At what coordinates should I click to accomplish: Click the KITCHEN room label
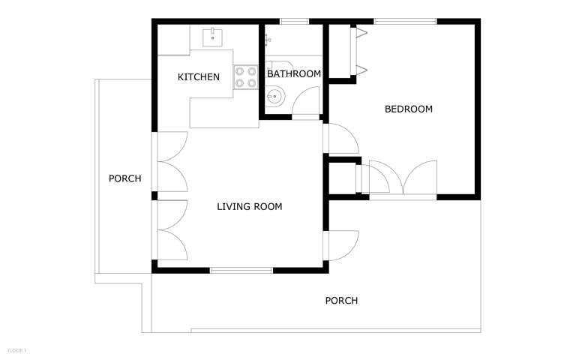[198, 77]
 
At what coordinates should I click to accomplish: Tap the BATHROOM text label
[294, 73]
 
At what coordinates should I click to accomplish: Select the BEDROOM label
[408, 109]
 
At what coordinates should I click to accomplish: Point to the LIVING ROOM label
[249, 206]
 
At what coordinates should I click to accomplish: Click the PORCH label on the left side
[124, 178]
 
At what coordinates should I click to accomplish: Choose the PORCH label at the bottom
[340, 301]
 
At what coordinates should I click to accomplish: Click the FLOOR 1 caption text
[16, 350]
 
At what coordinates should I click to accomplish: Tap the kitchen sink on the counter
[213, 37]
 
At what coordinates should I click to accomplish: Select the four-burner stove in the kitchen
[245, 77]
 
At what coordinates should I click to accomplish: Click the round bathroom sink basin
[276, 96]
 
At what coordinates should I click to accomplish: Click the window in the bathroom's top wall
[294, 21]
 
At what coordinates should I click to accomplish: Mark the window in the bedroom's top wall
[405, 21]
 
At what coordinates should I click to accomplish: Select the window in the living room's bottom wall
[241, 269]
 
